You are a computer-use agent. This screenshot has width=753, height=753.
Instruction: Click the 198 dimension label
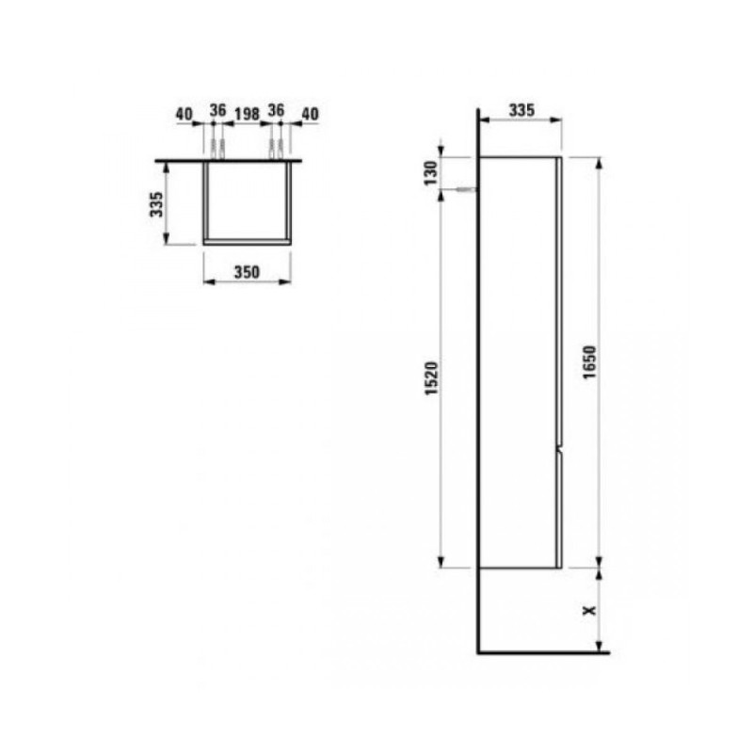pyautogui.click(x=247, y=114)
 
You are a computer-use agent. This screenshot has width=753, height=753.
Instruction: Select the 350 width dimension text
pyautogui.click(x=247, y=272)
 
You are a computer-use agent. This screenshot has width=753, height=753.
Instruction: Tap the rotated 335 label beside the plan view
pyautogui.click(x=157, y=203)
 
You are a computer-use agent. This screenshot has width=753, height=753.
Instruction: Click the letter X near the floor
pyautogui.click(x=590, y=610)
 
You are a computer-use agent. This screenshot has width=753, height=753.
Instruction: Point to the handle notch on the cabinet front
pyautogui.click(x=559, y=454)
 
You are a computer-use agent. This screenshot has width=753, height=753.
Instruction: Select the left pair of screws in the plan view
pyautogui.click(x=218, y=149)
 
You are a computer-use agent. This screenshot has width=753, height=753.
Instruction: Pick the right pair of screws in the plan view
pyautogui.click(x=277, y=149)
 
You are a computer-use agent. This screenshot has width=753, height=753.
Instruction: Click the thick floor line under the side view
pyautogui.click(x=544, y=651)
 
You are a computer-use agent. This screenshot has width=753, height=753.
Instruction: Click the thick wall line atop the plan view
pyautogui.click(x=231, y=158)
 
